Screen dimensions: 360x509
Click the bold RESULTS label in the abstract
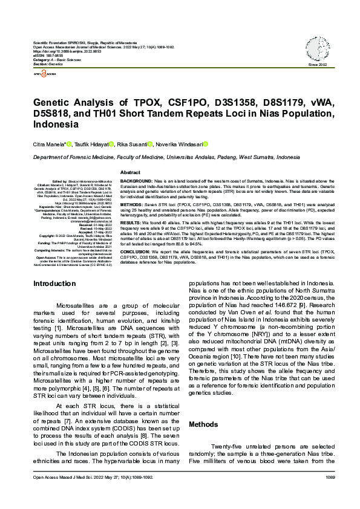pyautogui.click(x=132, y=222)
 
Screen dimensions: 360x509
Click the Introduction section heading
pyautogui.click(x=54, y=283)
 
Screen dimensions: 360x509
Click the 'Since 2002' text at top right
pyautogui.click(x=318, y=65)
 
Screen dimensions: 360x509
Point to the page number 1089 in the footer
pyautogui.click(x=329, y=494)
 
